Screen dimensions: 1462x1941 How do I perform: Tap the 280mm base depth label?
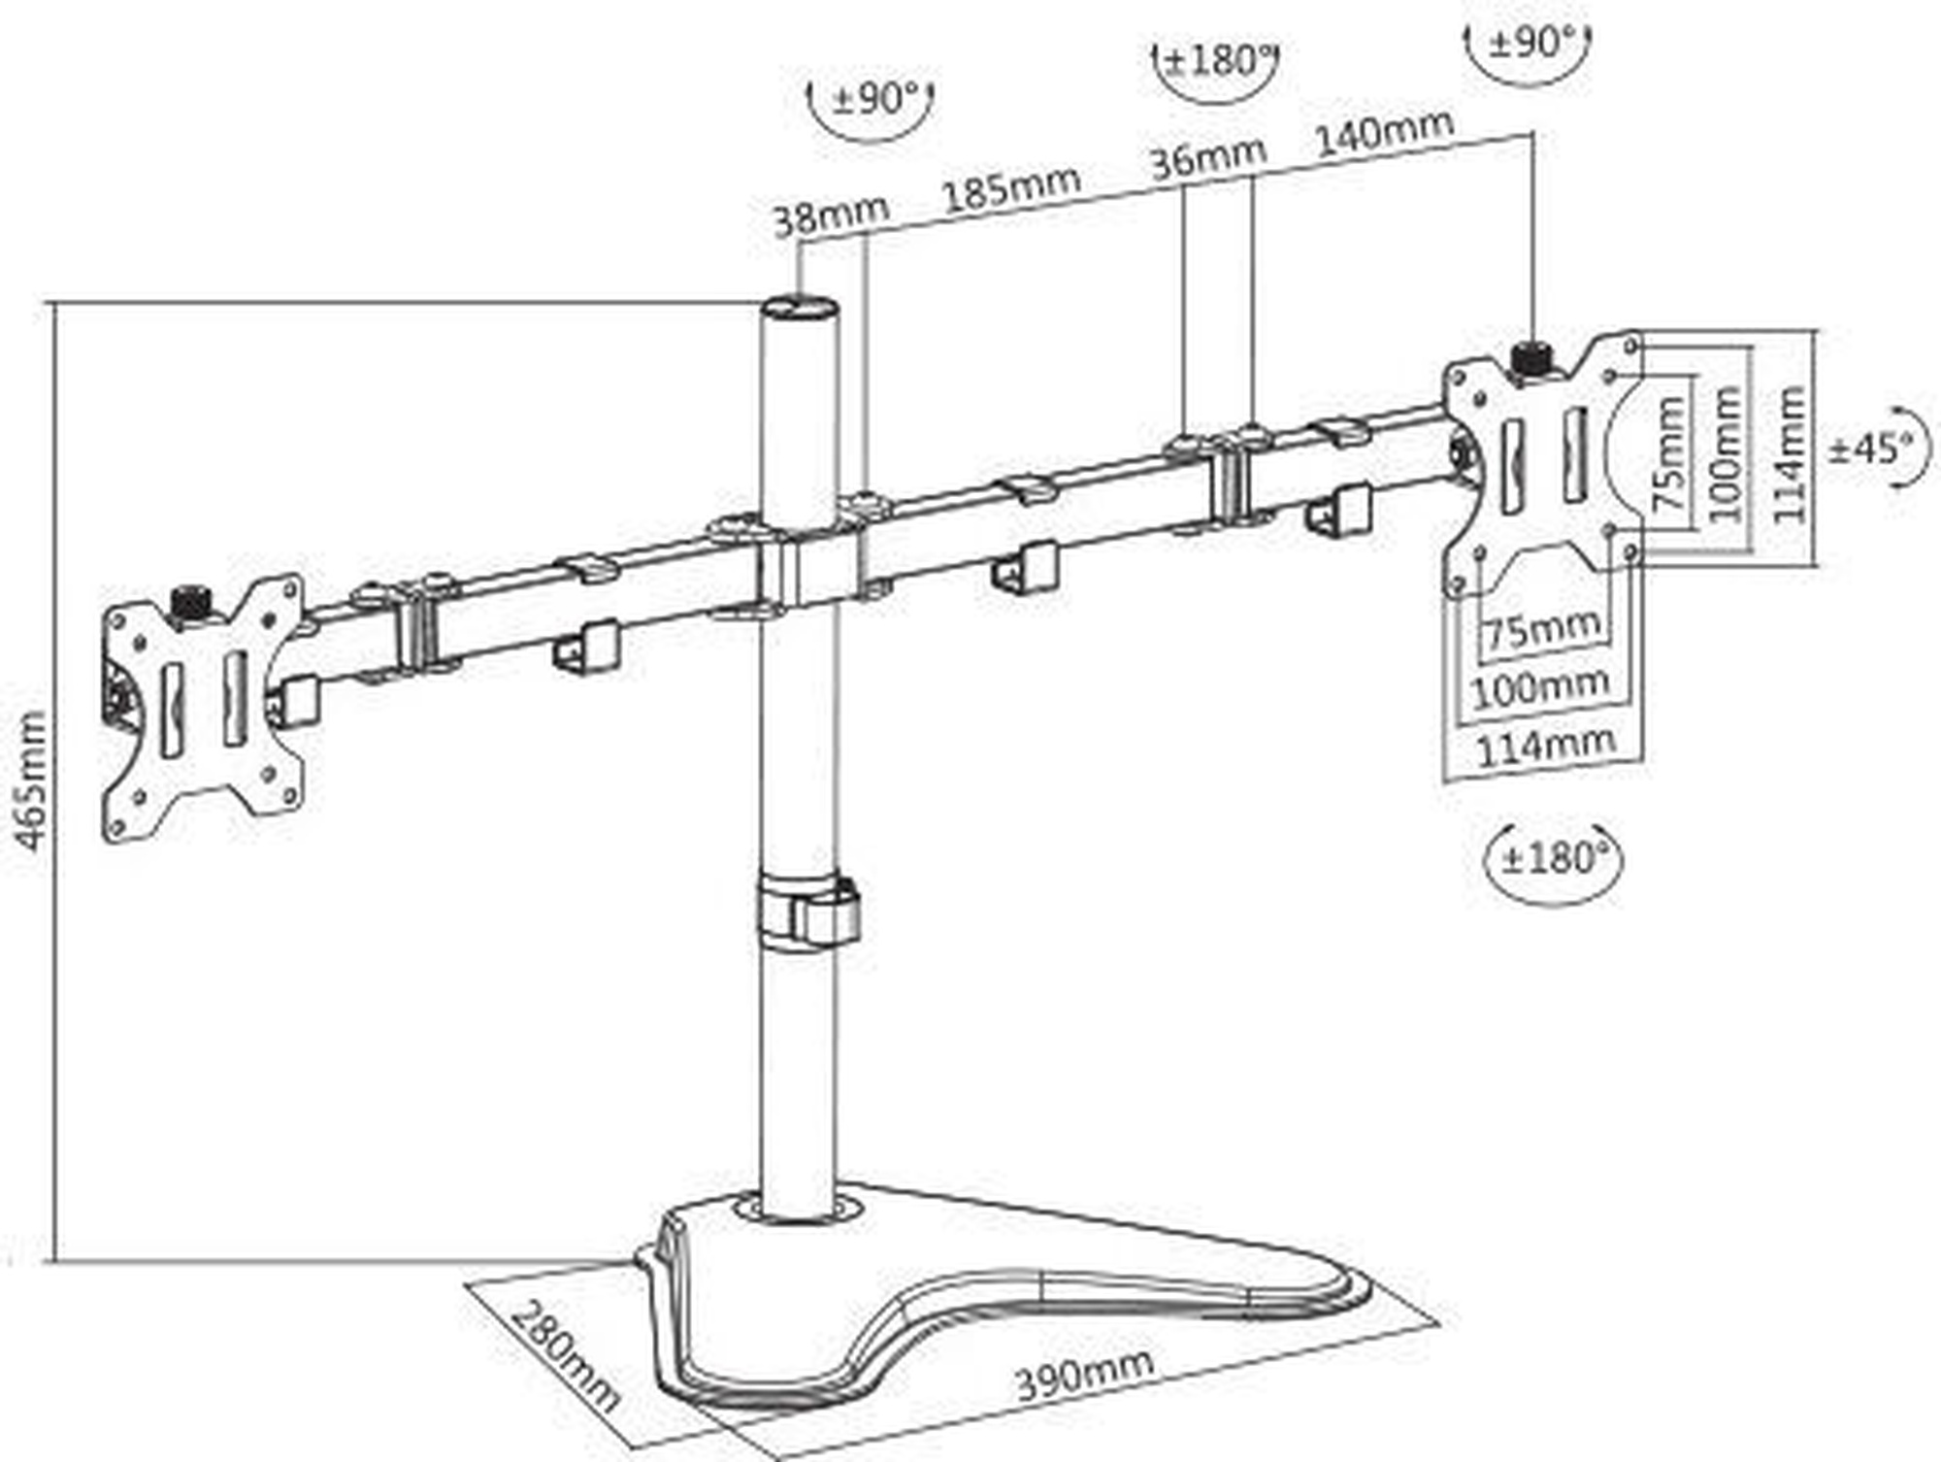563,1355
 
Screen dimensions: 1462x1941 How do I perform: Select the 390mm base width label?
1084,1373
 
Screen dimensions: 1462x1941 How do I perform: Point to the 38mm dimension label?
831,216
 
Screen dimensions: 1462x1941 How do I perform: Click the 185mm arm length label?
1011,188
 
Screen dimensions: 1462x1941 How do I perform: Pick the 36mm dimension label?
1208,156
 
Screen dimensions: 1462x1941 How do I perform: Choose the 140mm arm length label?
1384,131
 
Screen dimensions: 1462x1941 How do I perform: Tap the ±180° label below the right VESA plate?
1554,859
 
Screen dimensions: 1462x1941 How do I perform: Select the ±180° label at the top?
1217,61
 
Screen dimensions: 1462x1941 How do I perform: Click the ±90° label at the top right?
1528,43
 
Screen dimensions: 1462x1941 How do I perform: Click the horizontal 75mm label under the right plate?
1542,630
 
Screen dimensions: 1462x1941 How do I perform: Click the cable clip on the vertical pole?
809,912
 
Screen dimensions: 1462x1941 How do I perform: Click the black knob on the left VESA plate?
191,603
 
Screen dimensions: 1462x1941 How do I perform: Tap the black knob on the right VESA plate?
1532,361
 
